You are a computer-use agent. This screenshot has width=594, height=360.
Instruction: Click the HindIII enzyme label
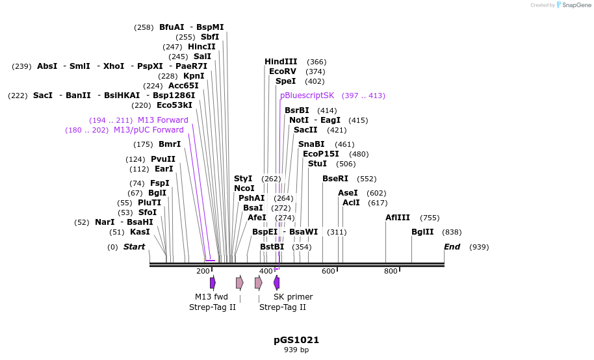[x=281, y=62]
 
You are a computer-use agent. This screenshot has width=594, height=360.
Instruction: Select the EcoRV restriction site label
[x=283, y=71]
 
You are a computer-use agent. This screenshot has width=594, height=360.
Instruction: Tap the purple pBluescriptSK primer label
[x=307, y=96]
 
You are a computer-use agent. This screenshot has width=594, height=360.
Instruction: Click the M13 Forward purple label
[x=162, y=120]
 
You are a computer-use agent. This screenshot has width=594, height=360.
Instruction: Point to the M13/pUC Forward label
[x=148, y=130]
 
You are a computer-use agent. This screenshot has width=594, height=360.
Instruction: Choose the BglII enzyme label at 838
[x=422, y=232]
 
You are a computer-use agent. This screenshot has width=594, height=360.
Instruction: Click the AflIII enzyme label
[x=398, y=218]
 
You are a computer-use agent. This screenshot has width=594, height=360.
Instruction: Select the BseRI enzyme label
[x=335, y=179]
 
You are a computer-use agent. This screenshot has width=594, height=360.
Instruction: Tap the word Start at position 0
[x=134, y=247]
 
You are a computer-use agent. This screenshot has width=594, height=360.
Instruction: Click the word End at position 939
[x=452, y=247]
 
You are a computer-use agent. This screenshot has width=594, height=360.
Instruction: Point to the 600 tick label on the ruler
[x=328, y=271]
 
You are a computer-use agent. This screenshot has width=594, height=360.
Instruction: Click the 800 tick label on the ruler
[x=391, y=271]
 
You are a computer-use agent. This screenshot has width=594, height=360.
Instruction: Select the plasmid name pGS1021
[x=296, y=340]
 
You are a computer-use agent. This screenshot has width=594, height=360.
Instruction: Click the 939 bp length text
[x=296, y=350]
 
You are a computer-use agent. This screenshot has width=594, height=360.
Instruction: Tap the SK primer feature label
[x=293, y=297]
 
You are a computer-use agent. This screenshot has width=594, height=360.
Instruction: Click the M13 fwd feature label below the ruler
[x=211, y=297]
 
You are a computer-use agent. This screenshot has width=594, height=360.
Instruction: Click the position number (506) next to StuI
[x=346, y=164]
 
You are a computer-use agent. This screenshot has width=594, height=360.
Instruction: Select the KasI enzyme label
[x=140, y=232]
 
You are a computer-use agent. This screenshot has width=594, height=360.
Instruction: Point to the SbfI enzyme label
[x=210, y=37]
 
